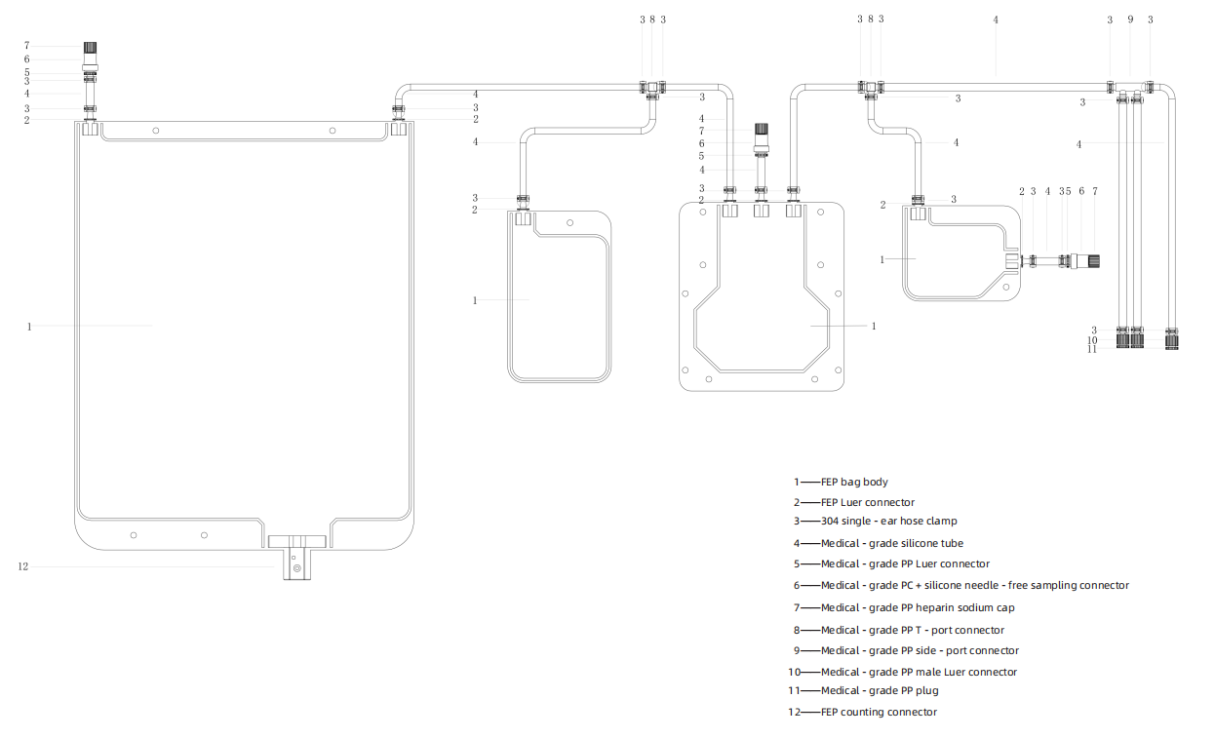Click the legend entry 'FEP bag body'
point(854,482)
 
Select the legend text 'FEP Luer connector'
point(868,502)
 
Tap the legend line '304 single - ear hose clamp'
point(888,521)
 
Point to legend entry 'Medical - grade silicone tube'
point(891,543)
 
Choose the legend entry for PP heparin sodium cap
point(918,607)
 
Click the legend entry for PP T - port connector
point(912,630)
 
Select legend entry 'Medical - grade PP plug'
point(880,690)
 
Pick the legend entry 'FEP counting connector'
point(879,712)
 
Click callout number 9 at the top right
point(1130,19)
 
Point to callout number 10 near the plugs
point(1092,340)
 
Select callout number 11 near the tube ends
point(1092,349)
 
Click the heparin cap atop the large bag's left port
point(91,47)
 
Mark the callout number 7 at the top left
point(26,45)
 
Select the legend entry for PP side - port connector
point(920,650)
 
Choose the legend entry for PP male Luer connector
point(919,672)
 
